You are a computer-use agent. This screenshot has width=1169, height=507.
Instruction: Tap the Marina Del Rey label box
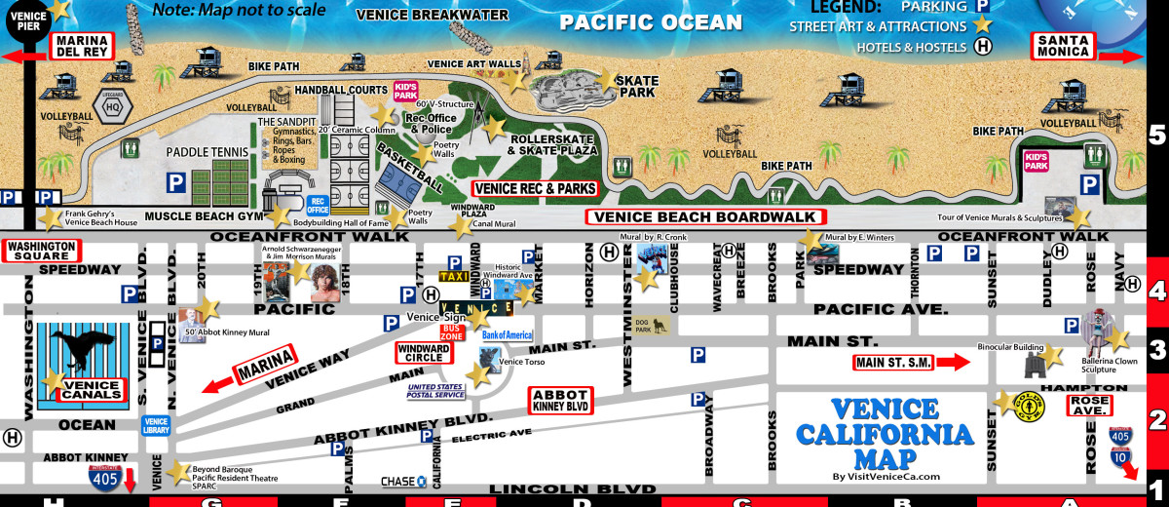tap(82, 46)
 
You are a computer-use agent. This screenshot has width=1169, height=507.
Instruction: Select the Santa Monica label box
tap(1064, 46)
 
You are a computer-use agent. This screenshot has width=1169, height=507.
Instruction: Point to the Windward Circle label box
tap(423, 352)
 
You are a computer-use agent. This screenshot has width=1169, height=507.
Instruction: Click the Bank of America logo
tap(507, 334)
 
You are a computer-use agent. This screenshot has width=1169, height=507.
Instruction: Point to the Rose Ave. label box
tap(1089, 405)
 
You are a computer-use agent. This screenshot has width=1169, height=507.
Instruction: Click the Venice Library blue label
tap(156, 425)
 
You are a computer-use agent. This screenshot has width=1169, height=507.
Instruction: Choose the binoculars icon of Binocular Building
tap(1034, 366)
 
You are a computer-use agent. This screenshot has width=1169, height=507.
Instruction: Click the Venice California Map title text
tap(885, 434)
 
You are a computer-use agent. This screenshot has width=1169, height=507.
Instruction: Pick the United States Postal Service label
tap(435, 390)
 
